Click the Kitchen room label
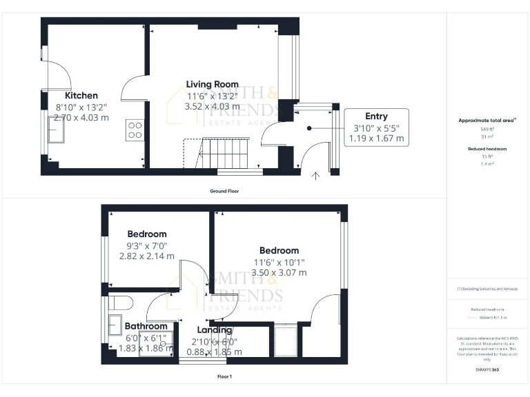pyautogui.click(x=81, y=96)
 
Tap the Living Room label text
pyautogui.click(x=213, y=84)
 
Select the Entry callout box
pyautogui.click(x=376, y=127)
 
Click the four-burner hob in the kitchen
pyautogui.click(x=135, y=130)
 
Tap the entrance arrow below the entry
pyautogui.click(x=316, y=176)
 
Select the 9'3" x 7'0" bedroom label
pyautogui.click(x=146, y=234)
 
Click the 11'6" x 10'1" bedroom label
pyautogui.click(x=279, y=250)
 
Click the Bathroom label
pyautogui.click(x=146, y=326)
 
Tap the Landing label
pyautogui.click(x=215, y=330)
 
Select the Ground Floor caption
pyautogui.click(x=224, y=191)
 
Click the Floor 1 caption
pyautogui.click(x=224, y=377)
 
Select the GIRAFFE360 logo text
pyautogui.click(x=487, y=371)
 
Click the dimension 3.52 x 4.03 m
pyautogui.click(x=213, y=107)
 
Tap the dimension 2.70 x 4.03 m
pyautogui.click(x=81, y=118)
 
